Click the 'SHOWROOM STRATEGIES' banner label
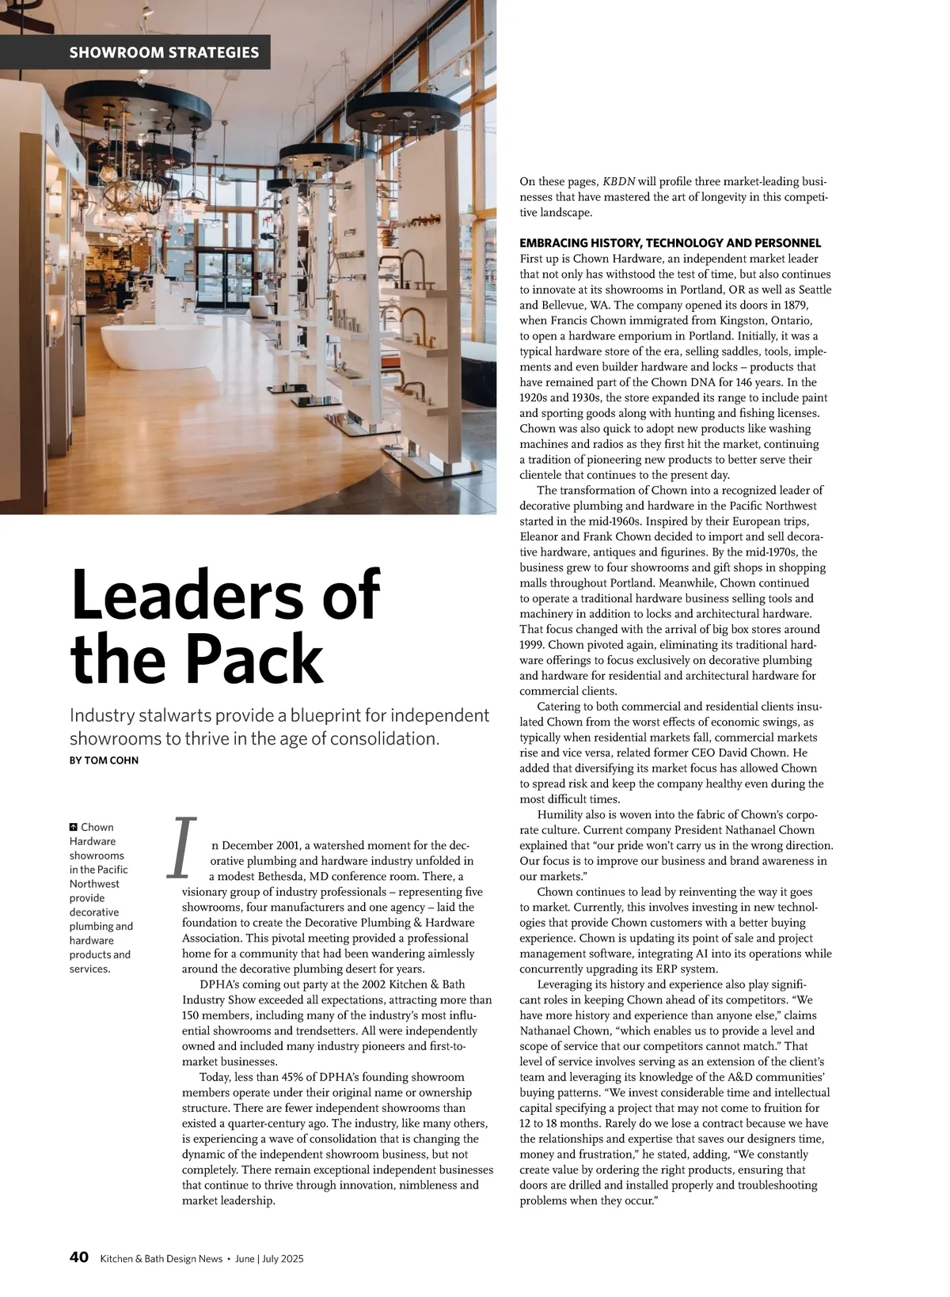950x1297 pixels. (164, 53)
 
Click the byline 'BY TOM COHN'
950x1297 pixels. (104, 760)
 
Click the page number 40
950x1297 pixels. (78, 1257)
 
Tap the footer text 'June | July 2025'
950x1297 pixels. (275, 1258)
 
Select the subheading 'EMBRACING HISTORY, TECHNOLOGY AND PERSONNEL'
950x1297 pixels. (670, 243)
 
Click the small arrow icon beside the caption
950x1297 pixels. (74, 828)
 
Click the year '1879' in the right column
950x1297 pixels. (792, 305)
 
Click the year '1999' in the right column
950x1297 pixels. (532, 645)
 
